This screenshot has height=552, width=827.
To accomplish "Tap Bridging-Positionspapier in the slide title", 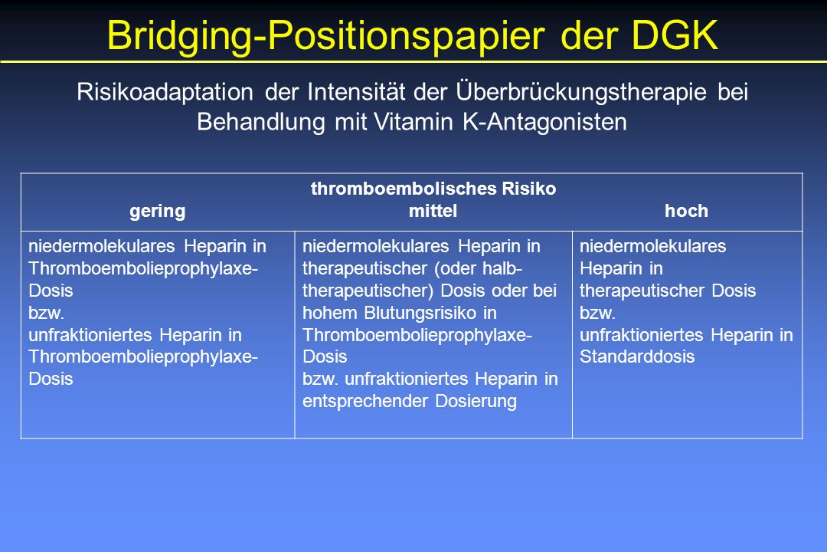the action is [326, 37].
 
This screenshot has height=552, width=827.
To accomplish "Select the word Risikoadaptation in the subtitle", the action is [165, 92].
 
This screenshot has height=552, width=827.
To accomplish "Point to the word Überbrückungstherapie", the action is [581, 92].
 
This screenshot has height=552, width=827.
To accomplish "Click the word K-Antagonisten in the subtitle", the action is [545, 122].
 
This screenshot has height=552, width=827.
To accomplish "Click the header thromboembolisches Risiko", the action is [433, 189].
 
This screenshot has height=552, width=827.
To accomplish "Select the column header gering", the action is [158, 212].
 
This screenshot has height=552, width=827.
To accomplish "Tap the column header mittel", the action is [433, 211].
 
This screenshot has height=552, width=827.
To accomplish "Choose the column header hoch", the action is [686, 211].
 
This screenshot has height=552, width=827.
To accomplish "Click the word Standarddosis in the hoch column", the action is [637, 356].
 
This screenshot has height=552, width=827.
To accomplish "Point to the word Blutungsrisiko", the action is [420, 313].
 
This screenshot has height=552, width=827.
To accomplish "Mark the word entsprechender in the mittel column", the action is [365, 401].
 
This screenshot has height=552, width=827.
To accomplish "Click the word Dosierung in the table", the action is [476, 401].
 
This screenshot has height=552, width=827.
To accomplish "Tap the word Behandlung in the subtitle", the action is [261, 122].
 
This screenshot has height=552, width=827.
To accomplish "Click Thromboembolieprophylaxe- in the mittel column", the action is [417, 335].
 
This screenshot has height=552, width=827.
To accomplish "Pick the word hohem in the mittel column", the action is [329, 313].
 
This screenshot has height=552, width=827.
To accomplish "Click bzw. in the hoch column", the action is [597, 313].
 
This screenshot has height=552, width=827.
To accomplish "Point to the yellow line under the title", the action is [413, 62].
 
